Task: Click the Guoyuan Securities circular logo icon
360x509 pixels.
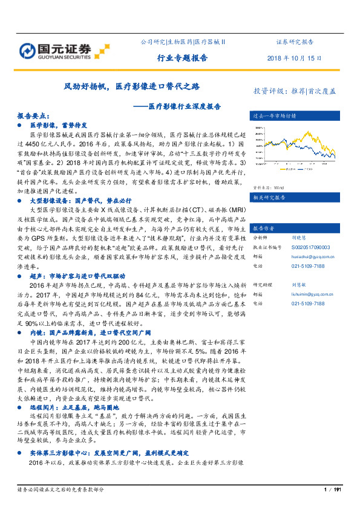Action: coord(28,51)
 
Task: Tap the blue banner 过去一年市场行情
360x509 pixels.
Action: coord(273,115)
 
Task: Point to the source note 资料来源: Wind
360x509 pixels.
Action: coord(269,188)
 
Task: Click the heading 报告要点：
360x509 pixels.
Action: coord(33,114)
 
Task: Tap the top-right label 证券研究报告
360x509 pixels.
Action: coord(294,42)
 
